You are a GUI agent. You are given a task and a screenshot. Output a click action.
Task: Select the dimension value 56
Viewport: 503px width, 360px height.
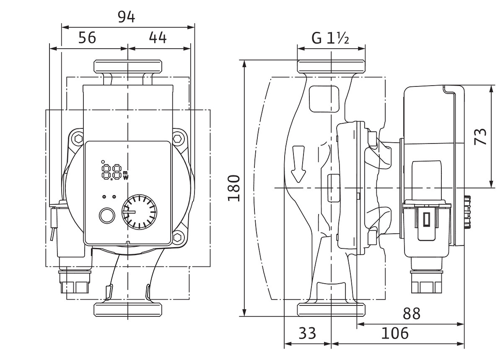coord(87,37)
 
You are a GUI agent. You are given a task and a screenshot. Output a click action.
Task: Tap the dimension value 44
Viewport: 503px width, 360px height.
coord(158,37)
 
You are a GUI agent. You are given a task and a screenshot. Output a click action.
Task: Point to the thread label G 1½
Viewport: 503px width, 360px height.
coord(330,38)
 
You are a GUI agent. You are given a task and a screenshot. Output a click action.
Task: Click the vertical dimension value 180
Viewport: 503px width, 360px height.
coord(234,188)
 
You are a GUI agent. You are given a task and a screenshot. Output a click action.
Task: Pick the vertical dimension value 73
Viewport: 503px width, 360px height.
coord(480,137)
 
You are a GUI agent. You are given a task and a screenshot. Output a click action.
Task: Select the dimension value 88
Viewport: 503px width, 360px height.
coord(411,313)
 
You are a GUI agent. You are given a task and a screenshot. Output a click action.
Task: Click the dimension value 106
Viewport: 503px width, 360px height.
coord(395,333)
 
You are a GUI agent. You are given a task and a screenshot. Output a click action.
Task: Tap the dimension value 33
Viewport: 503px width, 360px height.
coord(307,333)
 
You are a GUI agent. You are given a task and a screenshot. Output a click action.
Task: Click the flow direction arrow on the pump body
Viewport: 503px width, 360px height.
coord(298,164)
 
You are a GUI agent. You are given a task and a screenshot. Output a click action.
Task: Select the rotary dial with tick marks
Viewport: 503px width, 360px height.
coord(139,212)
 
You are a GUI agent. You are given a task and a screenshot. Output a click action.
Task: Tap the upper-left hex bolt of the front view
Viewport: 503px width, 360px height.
coord(79,138)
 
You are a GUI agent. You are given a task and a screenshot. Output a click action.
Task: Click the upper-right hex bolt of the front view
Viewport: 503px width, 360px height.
coord(177,138)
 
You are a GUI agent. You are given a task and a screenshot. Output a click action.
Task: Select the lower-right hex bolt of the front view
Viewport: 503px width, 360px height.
coord(178,237)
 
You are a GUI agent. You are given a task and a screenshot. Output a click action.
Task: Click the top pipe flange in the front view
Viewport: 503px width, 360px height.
coord(128,66)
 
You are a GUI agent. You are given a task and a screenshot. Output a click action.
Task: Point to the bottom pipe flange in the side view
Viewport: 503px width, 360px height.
coord(331,310)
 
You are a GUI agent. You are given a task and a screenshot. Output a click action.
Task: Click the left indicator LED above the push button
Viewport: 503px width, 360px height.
coord(104,197)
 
